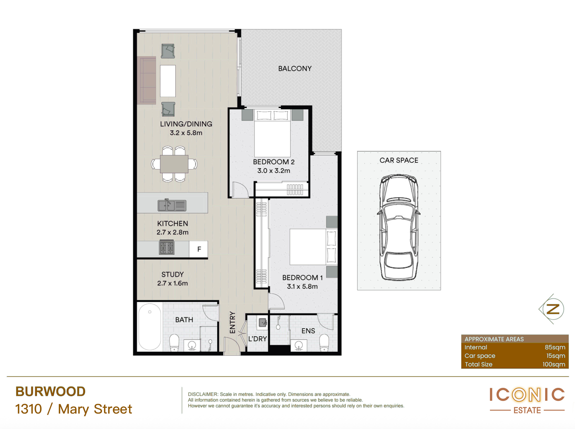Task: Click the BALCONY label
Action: (295, 68)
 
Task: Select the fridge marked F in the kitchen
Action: (199, 249)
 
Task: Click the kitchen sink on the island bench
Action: (172, 205)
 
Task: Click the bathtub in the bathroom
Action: (150, 326)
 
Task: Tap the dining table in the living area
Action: (174, 164)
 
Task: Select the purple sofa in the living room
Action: (147, 80)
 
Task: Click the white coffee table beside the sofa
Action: (168, 81)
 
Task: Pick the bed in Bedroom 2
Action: (272, 133)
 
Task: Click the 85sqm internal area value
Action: (555, 347)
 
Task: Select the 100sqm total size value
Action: (554, 364)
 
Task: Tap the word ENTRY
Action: (232, 322)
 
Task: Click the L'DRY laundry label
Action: (258, 339)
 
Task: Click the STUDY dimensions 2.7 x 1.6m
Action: (172, 283)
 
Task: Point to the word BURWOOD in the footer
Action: (50, 391)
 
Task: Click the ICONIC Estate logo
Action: (527, 401)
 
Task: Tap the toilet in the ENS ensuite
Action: (324, 343)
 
